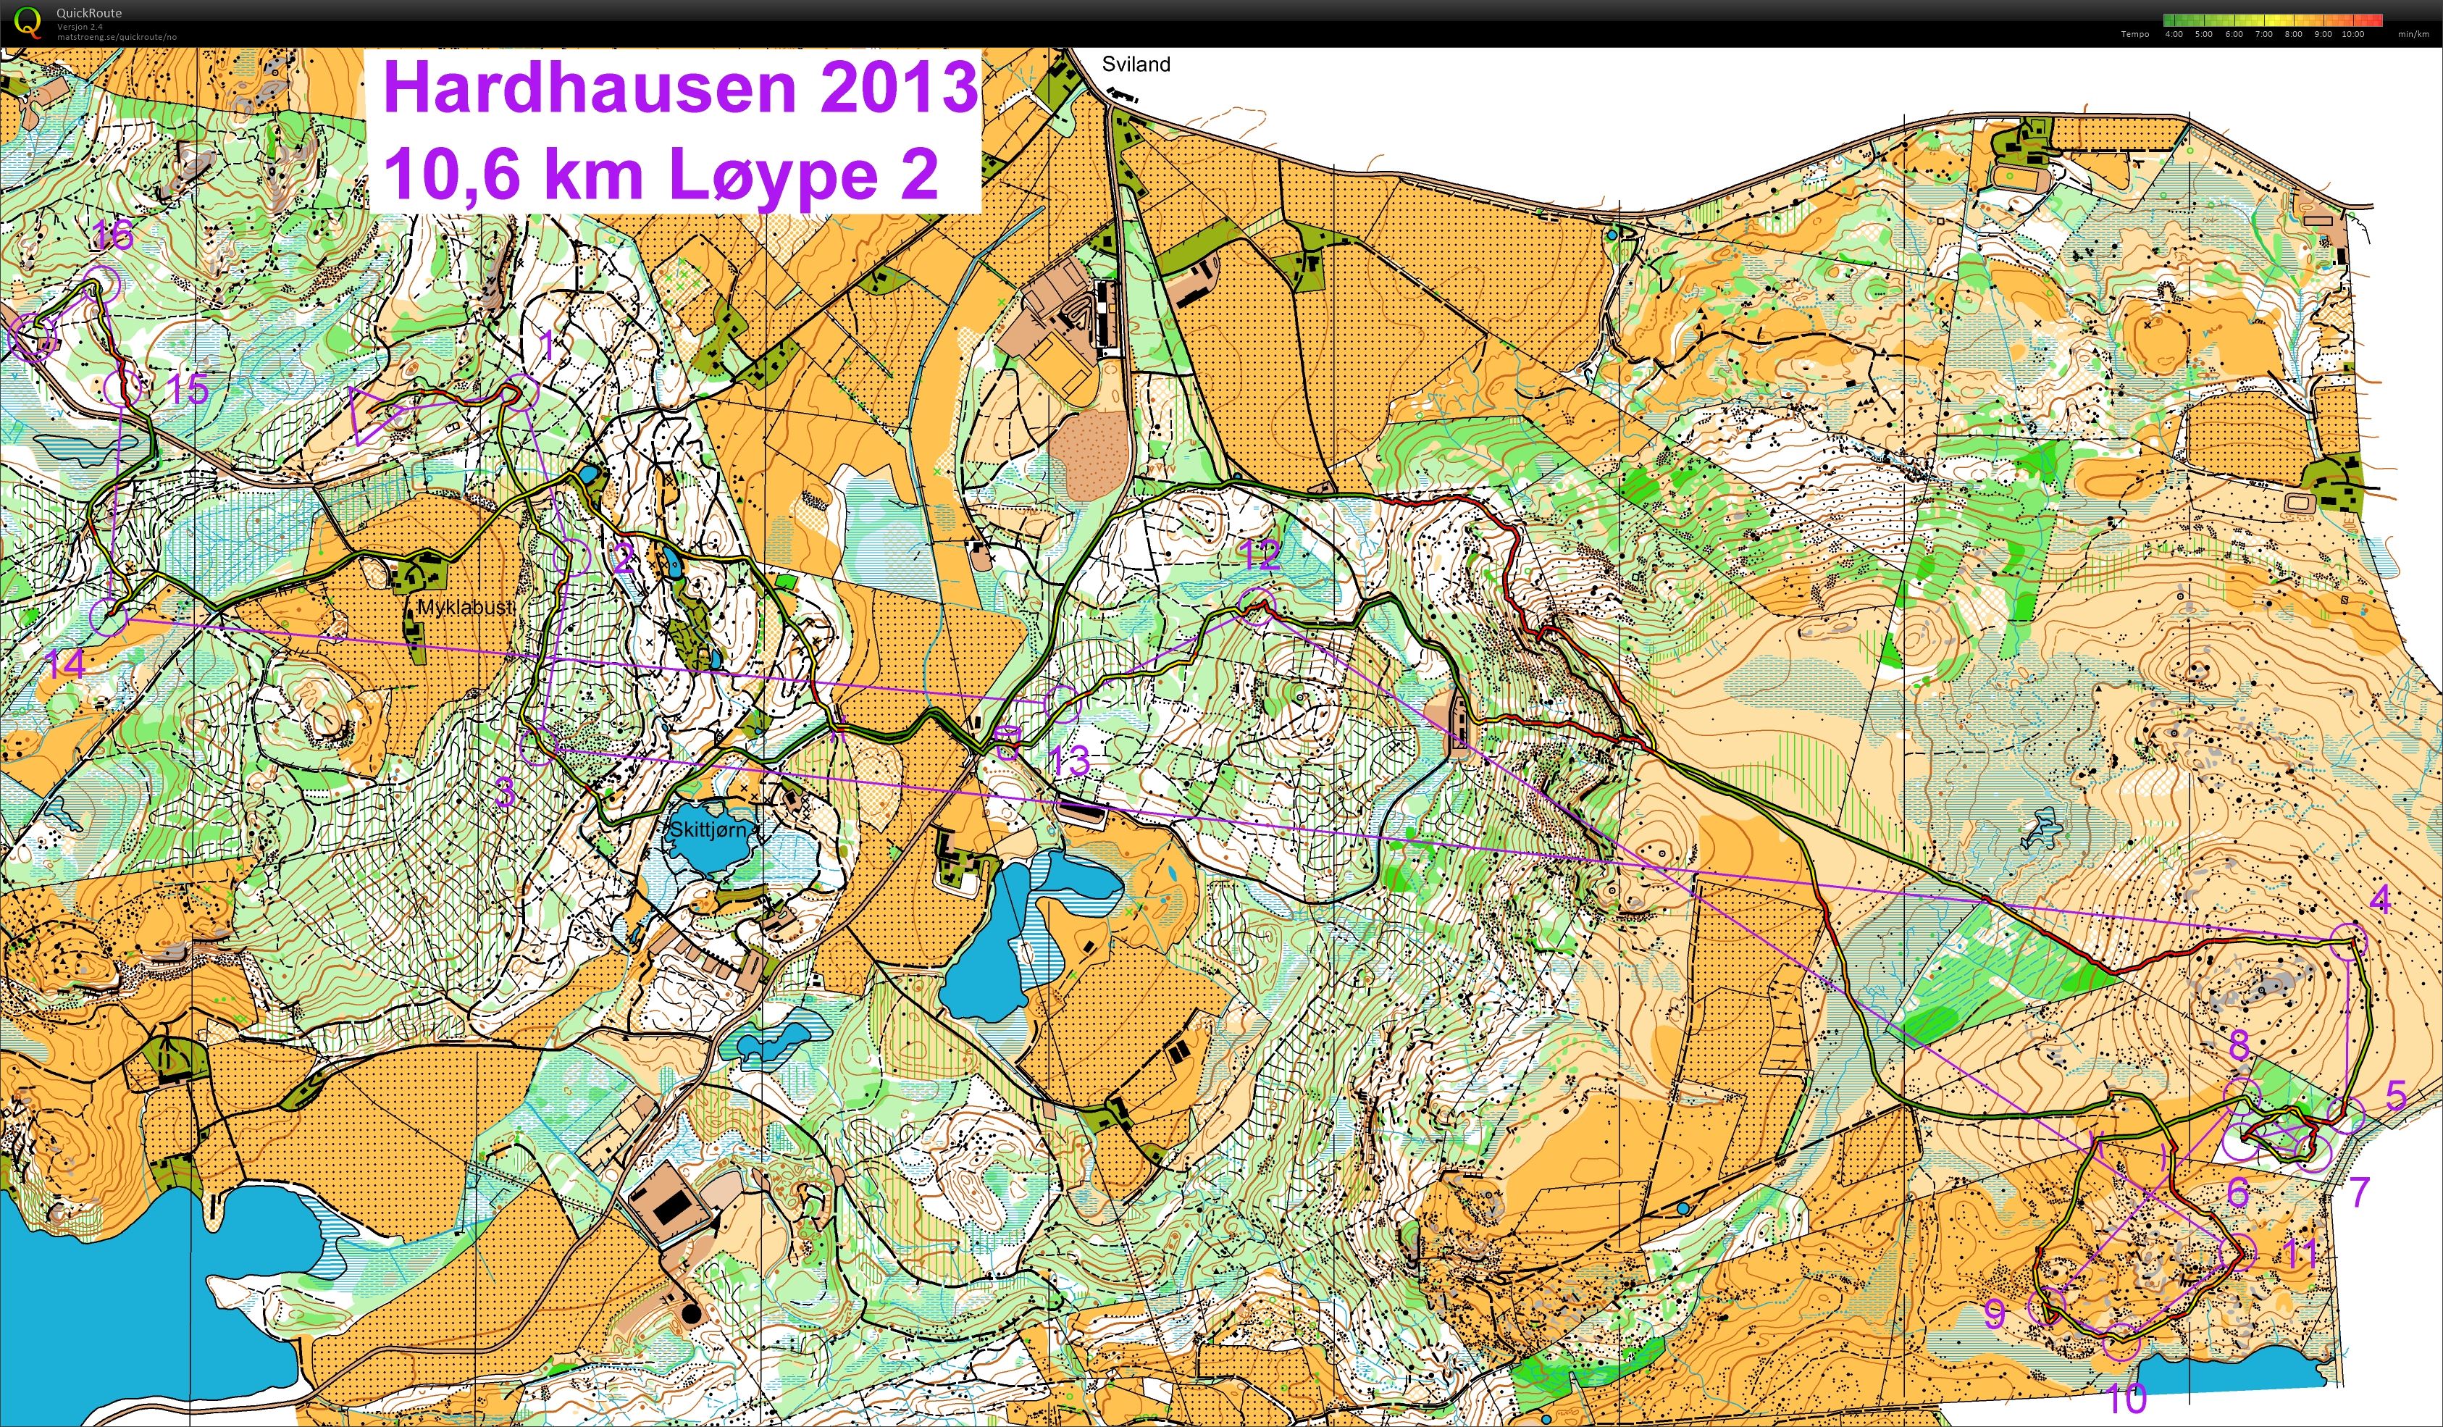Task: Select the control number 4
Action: click(x=2379, y=900)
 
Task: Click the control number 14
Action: click(x=65, y=665)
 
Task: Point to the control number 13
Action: click(x=1070, y=761)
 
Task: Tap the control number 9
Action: click(x=1994, y=1313)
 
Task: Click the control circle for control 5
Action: click(x=2347, y=1115)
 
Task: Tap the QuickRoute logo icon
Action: click(x=29, y=21)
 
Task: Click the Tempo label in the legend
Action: click(x=2134, y=34)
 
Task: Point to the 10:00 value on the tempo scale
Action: click(x=2352, y=34)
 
